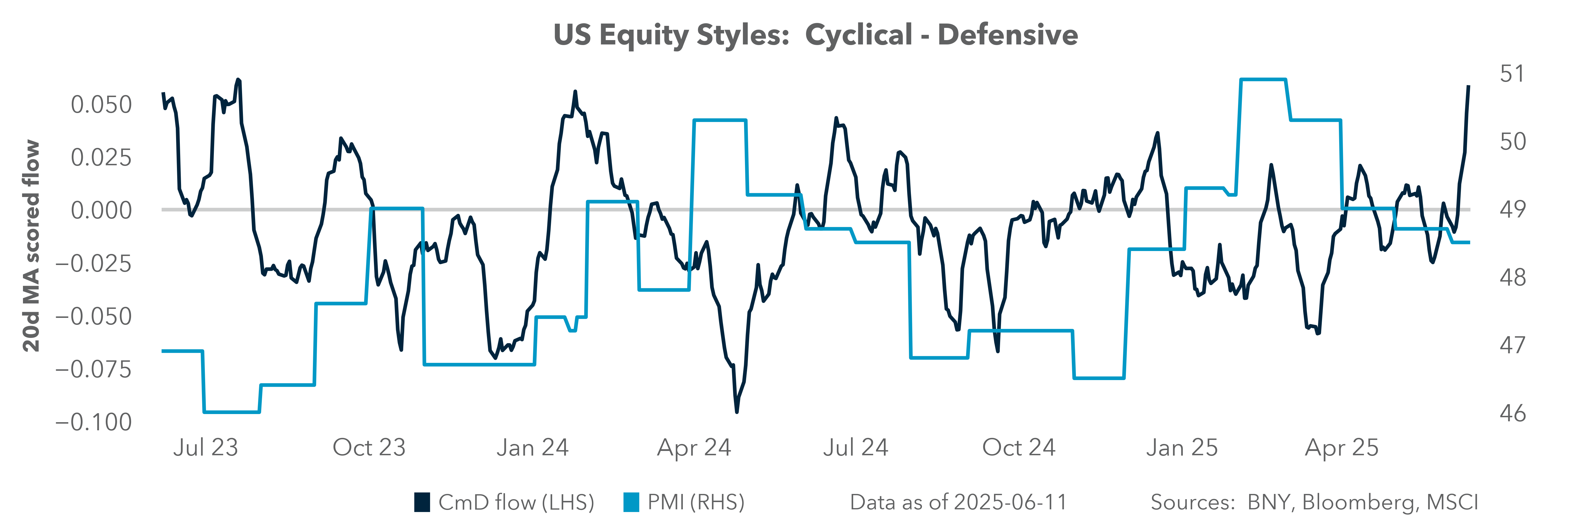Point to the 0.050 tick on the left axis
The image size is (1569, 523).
pos(101,105)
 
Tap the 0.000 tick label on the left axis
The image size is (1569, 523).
pos(101,211)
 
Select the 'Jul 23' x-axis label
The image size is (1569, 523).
pos(205,447)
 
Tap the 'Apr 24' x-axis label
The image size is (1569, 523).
pos(694,447)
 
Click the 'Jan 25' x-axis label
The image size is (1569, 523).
pos(1182,447)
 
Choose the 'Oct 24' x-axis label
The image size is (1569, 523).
pos(1018,447)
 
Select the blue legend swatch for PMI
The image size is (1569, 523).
pos(631,502)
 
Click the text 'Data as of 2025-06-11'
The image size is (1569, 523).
pos(958,502)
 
